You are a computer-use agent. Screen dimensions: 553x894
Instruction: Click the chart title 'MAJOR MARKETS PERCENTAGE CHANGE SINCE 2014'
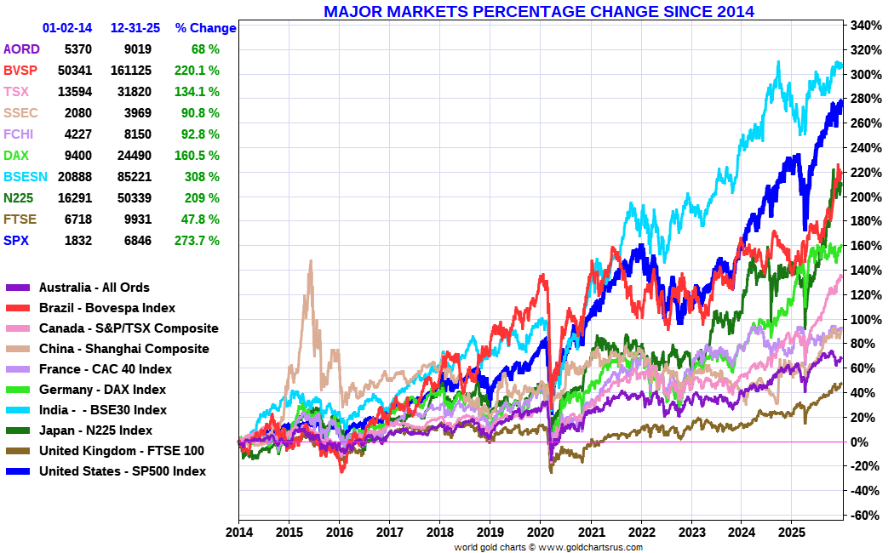click(538, 11)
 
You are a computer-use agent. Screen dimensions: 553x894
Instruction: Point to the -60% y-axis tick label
click(863, 516)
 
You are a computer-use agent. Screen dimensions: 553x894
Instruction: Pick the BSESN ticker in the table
click(21, 177)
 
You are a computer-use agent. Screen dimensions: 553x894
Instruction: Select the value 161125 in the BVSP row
click(130, 71)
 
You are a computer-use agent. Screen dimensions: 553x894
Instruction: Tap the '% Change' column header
click(205, 28)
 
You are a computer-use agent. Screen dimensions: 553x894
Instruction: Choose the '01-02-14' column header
click(66, 28)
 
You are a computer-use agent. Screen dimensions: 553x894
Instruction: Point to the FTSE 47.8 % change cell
click(202, 219)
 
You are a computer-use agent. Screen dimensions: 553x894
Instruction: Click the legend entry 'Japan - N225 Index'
click(95, 430)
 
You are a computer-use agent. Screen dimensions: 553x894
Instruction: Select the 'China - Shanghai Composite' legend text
click(123, 349)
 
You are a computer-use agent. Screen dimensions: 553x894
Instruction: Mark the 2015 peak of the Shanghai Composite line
click(311, 261)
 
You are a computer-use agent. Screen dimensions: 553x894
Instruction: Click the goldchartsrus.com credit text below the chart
click(547, 547)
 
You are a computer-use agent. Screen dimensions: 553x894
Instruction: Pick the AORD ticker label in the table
click(21, 49)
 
